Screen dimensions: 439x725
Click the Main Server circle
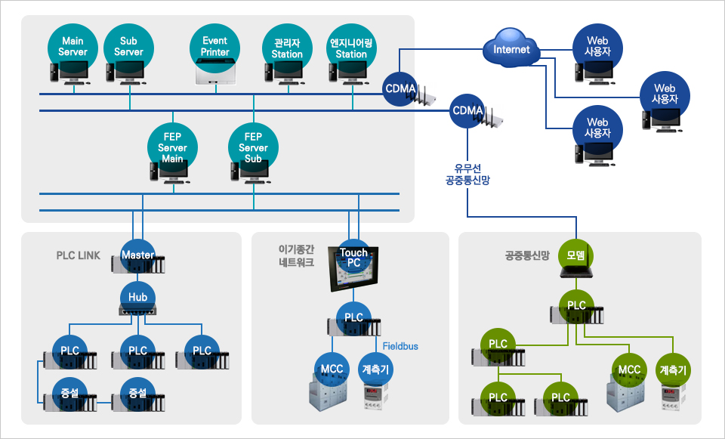(x=73, y=46)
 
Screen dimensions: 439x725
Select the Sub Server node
(x=128, y=46)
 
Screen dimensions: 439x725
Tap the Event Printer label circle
(x=215, y=46)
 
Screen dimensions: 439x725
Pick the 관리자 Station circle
(x=287, y=48)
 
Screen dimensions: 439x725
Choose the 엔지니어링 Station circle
(x=351, y=48)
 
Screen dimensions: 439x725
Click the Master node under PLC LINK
(x=137, y=255)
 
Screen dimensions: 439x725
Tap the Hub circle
(x=137, y=297)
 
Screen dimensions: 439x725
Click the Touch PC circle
(x=353, y=258)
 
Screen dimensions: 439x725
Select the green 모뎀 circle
(x=575, y=255)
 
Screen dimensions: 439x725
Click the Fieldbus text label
(x=400, y=346)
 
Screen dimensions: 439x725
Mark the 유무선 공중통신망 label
(x=467, y=175)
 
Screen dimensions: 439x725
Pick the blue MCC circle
(x=332, y=369)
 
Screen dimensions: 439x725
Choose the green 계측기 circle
(x=673, y=370)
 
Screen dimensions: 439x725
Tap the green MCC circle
(x=629, y=370)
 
